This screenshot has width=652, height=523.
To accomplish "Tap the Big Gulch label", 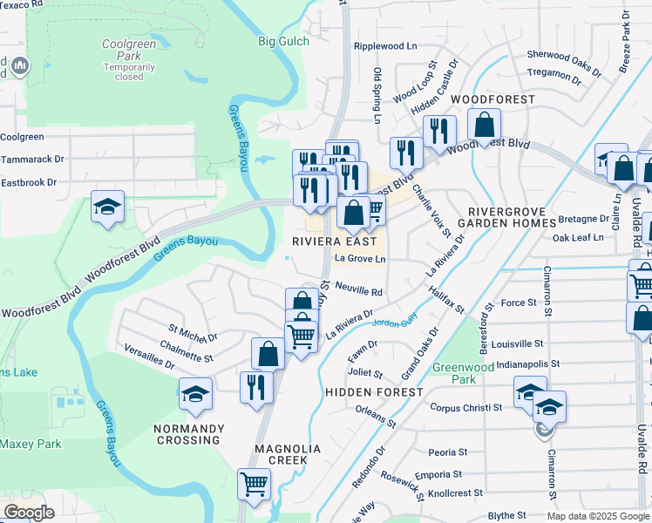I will pyautogui.click(x=284, y=41).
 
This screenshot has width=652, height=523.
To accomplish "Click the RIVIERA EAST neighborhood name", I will pyautogui.click(x=335, y=241).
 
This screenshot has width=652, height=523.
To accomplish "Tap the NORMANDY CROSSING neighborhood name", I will pyautogui.click(x=189, y=434).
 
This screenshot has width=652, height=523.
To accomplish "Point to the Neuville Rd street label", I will pyautogui.click(x=358, y=292).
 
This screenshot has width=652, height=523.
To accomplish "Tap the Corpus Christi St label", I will pyautogui.click(x=466, y=407).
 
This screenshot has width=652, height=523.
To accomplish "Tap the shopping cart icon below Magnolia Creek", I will pyautogui.click(x=254, y=484).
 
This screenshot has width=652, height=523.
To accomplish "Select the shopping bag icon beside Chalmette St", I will pyautogui.click(x=268, y=353).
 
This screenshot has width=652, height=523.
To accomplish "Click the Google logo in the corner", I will pyautogui.click(x=29, y=513).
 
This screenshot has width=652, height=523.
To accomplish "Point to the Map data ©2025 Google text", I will pyautogui.click(x=597, y=516).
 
